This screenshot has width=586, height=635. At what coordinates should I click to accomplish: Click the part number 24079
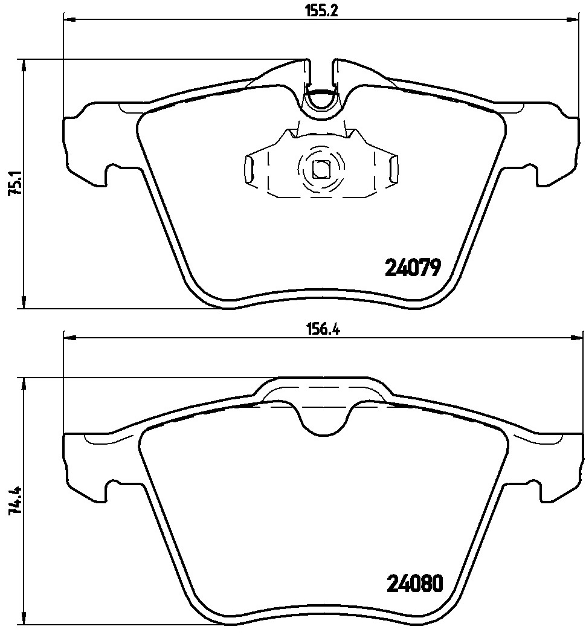[x=414, y=266]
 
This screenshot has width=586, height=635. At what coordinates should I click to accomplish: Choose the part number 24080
[x=414, y=584]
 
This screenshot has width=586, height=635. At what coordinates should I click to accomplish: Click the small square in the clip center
[x=320, y=169]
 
